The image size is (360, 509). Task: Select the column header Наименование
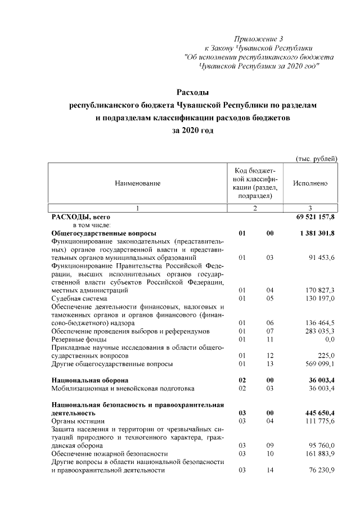pos(138,183)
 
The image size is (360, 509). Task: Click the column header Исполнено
pos(310,183)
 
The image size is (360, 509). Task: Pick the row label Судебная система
pos(79,299)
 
